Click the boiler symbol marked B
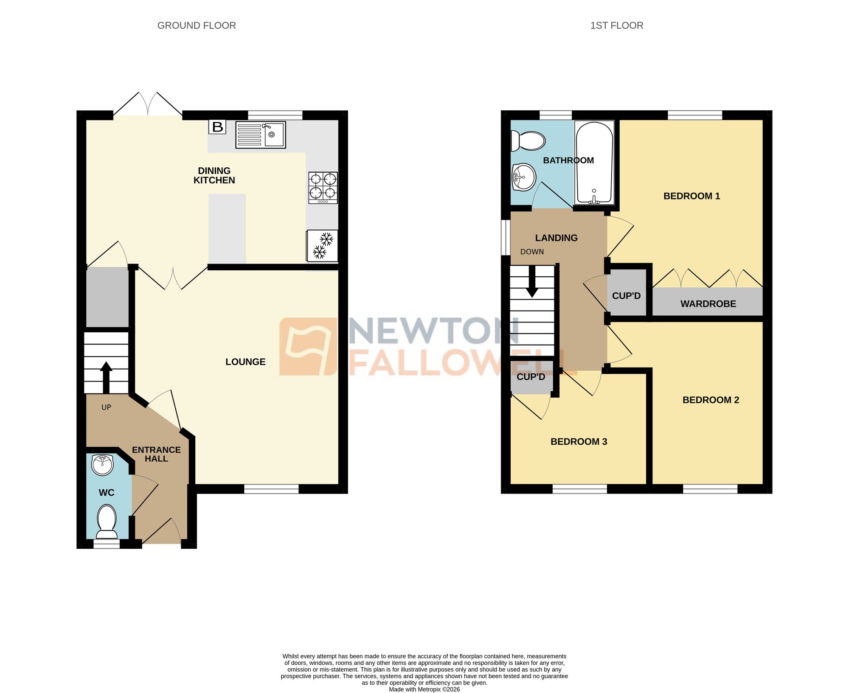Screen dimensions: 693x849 point(217,127)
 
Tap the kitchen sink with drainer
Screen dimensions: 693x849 point(261,135)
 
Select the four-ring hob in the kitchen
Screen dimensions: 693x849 point(323,187)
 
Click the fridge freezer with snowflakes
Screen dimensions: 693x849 point(322,246)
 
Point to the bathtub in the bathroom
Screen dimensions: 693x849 point(594,163)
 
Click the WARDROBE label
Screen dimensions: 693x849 point(708,304)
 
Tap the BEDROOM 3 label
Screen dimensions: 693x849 point(579,441)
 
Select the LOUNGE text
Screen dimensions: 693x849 point(245,362)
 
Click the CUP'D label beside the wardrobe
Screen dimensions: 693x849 point(626,296)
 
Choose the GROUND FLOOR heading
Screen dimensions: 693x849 point(197,25)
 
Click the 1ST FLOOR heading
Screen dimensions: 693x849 point(616,25)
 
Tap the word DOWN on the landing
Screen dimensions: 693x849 point(532,252)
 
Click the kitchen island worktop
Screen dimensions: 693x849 point(227,228)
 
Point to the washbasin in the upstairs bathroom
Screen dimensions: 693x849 point(524,177)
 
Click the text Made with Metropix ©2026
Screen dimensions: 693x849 point(424,690)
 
